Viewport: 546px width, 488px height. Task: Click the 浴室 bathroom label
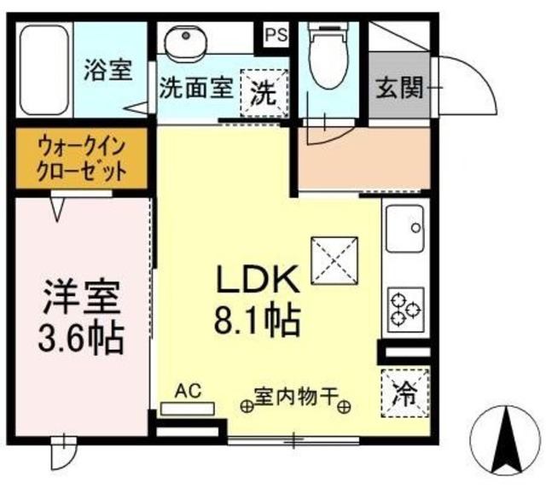[108, 70]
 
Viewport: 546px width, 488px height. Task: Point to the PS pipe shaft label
[275, 35]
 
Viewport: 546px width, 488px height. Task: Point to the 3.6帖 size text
[83, 338]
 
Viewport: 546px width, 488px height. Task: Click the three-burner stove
[405, 309]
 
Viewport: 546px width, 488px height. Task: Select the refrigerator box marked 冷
[404, 393]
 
